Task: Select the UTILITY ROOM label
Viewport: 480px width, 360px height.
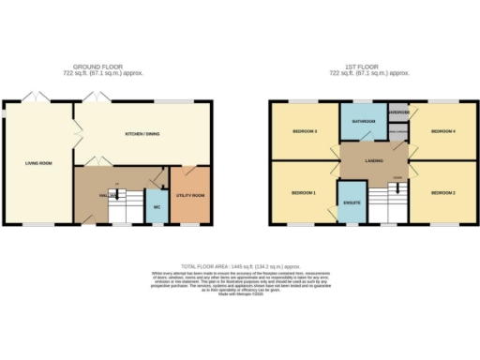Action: (x=191, y=195)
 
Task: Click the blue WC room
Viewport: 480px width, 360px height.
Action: (x=157, y=204)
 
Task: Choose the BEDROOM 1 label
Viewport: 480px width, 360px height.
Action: (x=303, y=192)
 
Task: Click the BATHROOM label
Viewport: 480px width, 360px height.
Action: (x=364, y=121)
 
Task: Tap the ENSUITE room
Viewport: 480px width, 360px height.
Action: (x=352, y=202)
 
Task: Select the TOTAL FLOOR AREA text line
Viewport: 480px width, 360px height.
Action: (x=240, y=266)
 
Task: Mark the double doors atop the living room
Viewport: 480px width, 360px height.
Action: (x=37, y=97)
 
